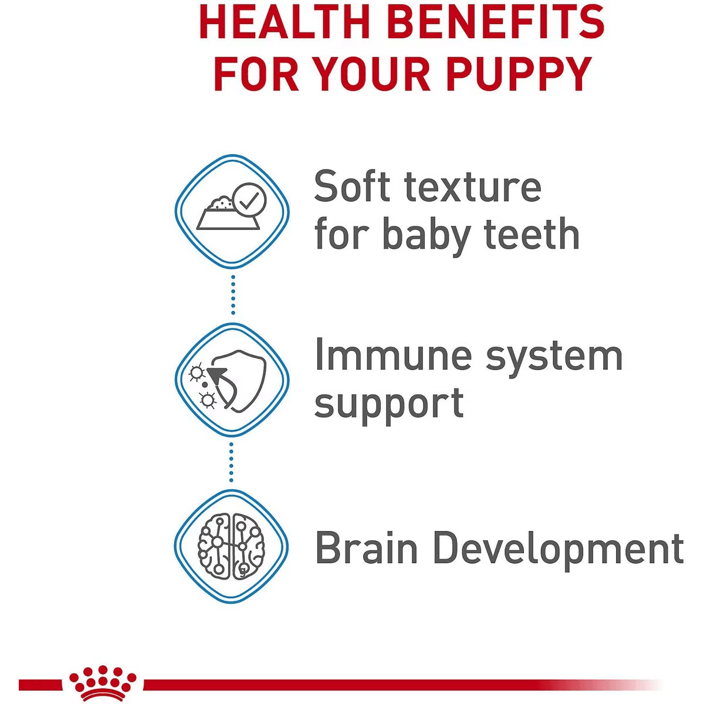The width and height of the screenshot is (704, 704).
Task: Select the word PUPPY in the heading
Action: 519,73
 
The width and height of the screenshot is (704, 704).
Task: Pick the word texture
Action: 473,187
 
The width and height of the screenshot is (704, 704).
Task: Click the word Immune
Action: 393,355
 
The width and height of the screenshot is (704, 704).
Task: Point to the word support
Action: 389,406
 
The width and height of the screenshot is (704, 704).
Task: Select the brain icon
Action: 231,547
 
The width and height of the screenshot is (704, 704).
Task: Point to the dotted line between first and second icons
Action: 233,295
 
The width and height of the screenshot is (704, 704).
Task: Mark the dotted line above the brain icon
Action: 231,462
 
